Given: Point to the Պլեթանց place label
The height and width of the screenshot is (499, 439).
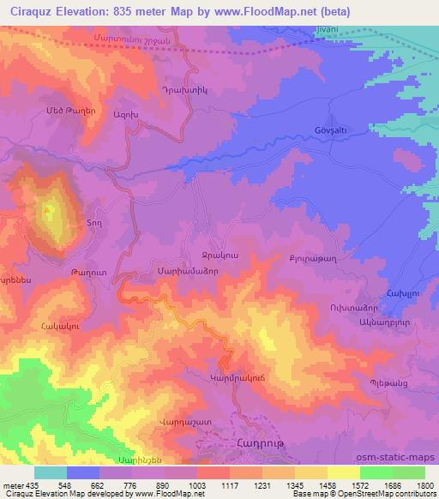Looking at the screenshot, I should click(x=387, y=382).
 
